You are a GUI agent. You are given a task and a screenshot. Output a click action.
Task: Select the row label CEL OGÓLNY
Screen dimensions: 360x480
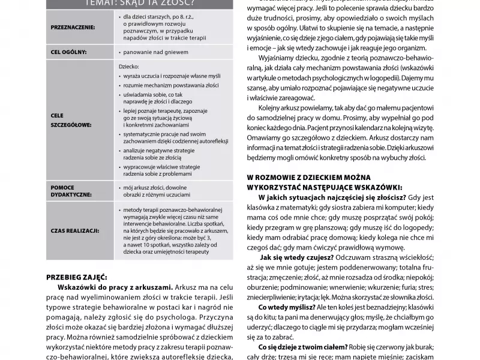coord(70,52)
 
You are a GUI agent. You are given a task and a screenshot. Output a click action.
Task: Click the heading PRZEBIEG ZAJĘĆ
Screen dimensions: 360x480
coord(76,277)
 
